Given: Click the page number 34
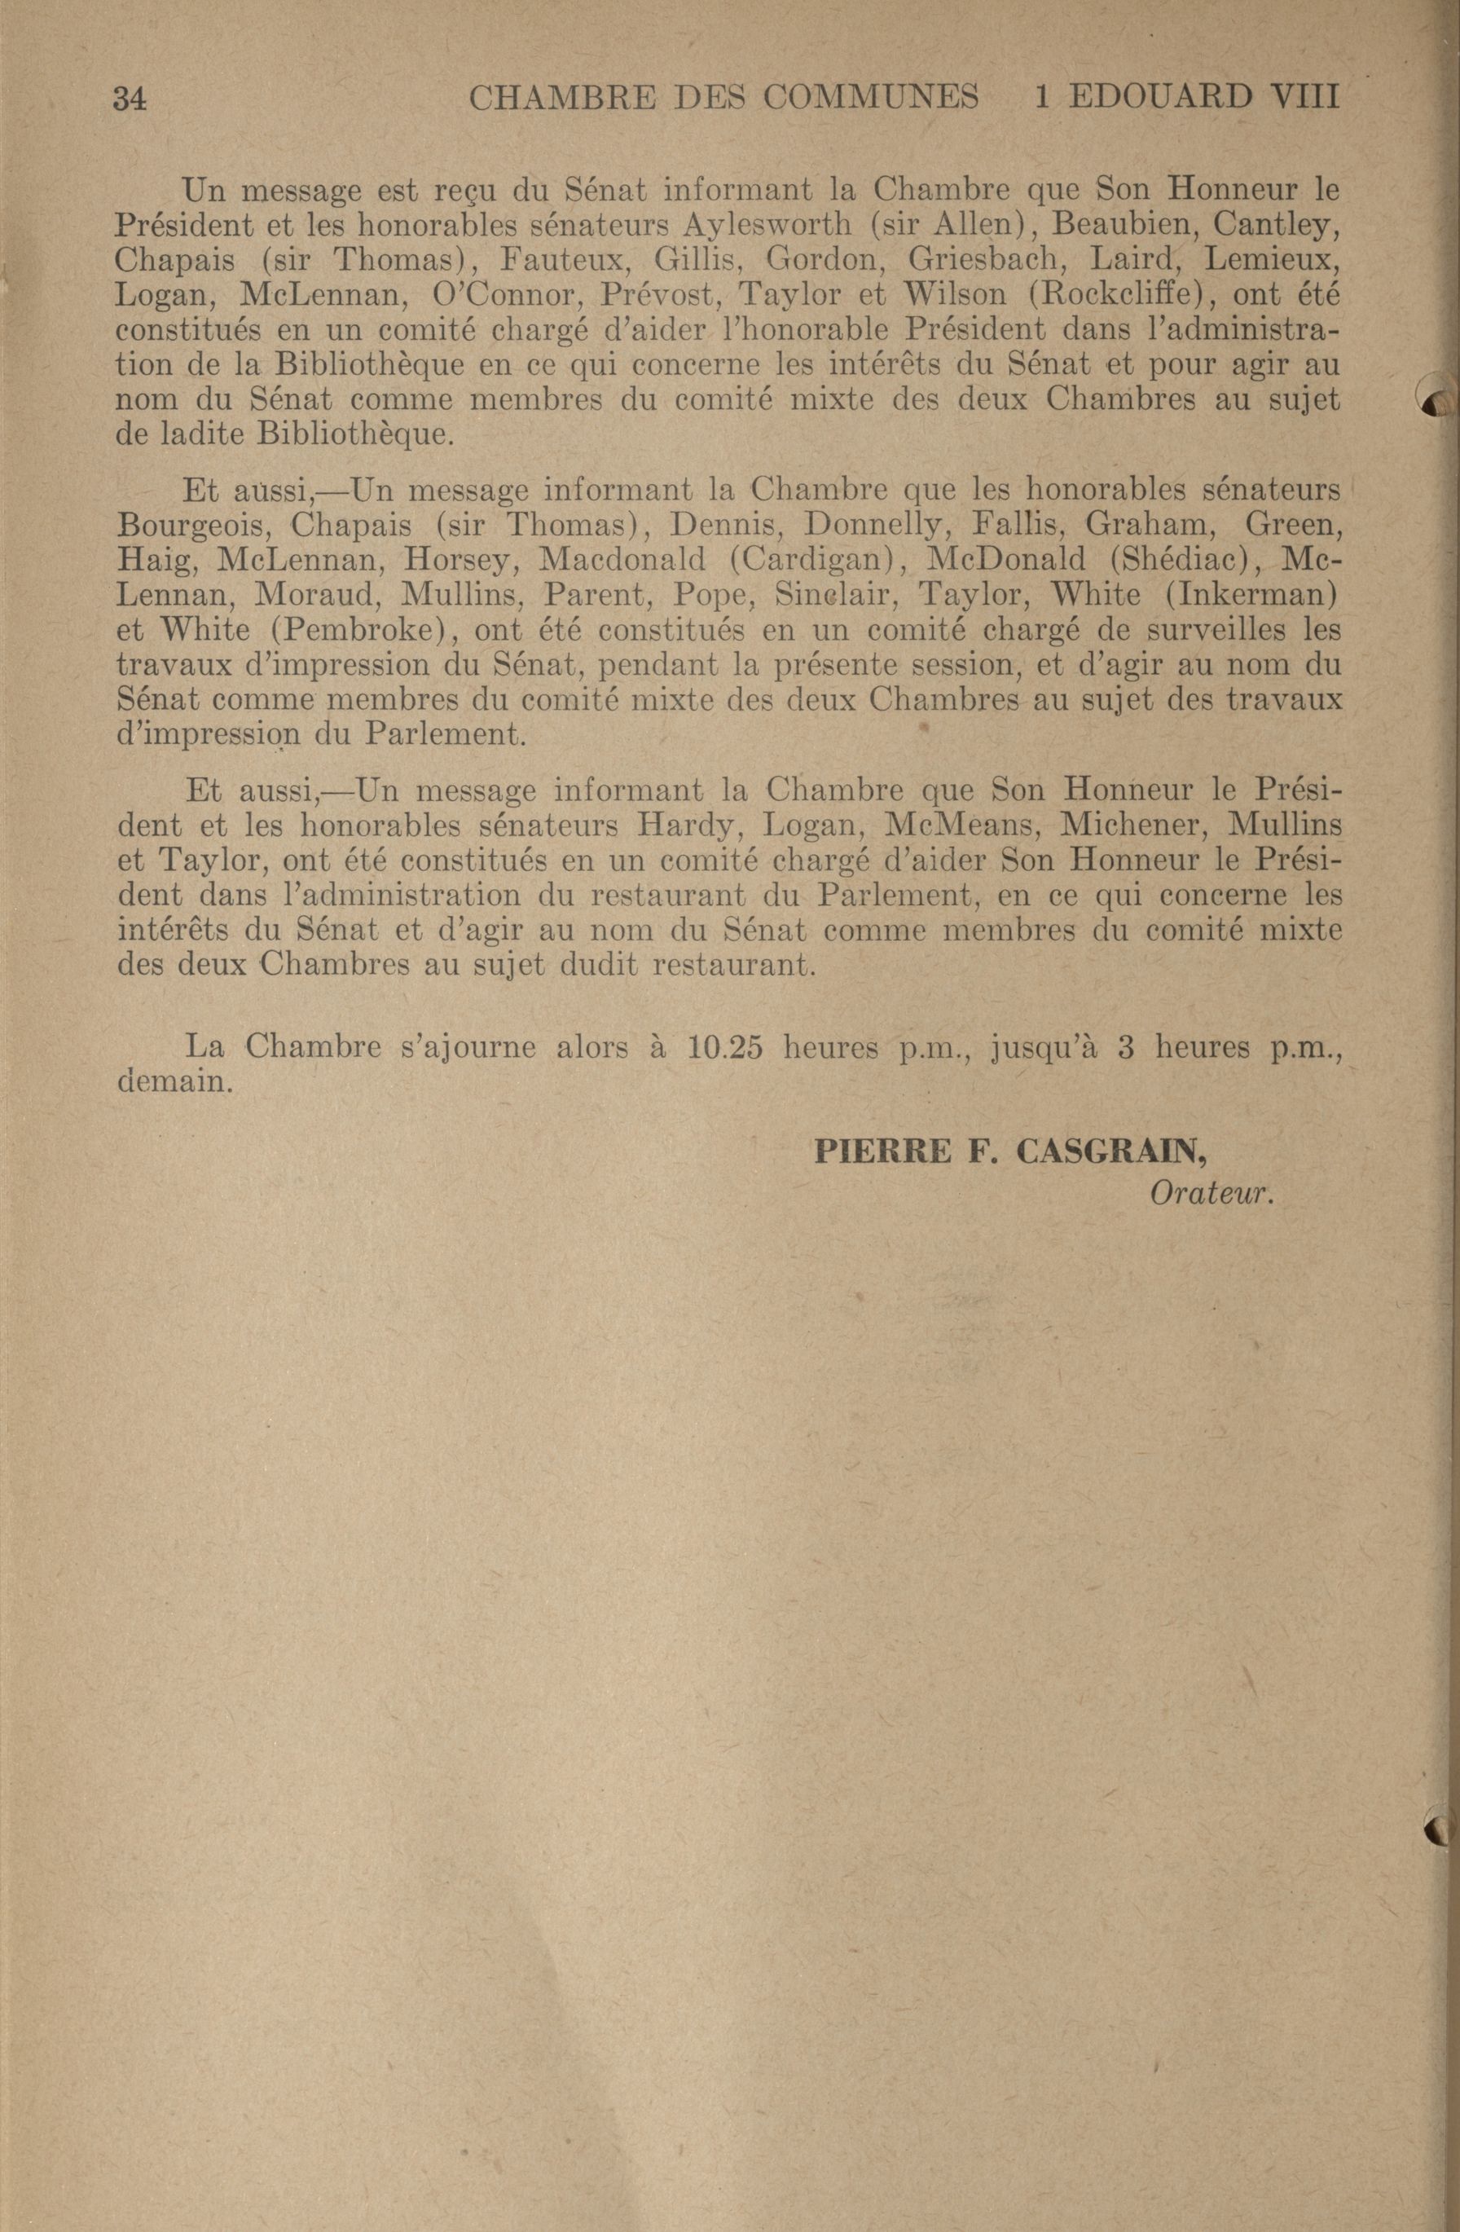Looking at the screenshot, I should coord(130,99).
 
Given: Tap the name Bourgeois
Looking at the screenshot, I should coord(191,525).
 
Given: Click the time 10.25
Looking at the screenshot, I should coord(724,1046).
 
